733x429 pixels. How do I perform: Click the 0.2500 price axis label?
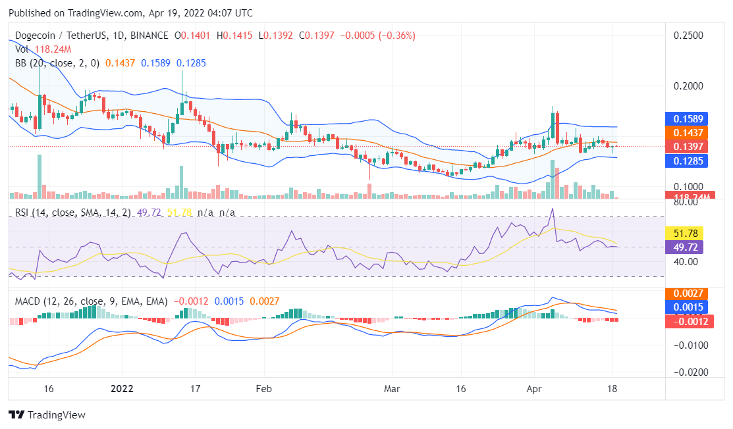(690, 35)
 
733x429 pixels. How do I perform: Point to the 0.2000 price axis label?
(690, 86)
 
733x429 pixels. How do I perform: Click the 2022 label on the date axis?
(122, 389)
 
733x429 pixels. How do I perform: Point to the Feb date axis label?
(263, 389)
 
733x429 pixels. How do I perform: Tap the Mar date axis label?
(393, 389)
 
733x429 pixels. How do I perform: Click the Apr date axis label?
(535, 389)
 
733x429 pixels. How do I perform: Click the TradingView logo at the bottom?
(47, 415)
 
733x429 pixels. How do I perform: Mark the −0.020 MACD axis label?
(690, 372)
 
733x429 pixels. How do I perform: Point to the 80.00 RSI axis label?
(688, 203)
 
